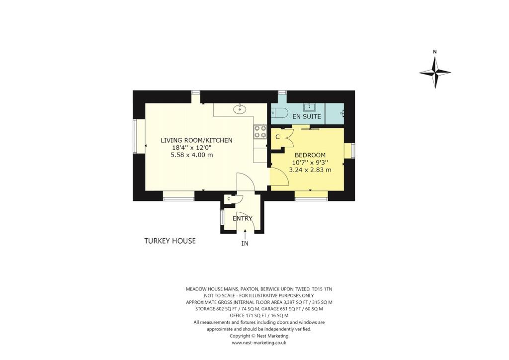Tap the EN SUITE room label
click(x=306, y=117)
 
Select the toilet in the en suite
click(x=278, y=113)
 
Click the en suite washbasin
click(x=310, y=106)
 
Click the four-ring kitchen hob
click(x=260, y=131)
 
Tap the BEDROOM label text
click(x=310, y=155)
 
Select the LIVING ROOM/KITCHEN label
click(x=196, y=140)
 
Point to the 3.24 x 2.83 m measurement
click(x=310, y=170)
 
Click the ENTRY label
click(x=243, y=218)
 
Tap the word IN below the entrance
click(x=245, y=244)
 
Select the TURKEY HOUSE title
click(x=170, y=241)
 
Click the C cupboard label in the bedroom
click(x=278, y=137)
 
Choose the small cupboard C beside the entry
click(x=229, y=199)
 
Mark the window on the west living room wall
click(x=135, y=136)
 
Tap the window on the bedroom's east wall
click(x=352, y=151)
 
